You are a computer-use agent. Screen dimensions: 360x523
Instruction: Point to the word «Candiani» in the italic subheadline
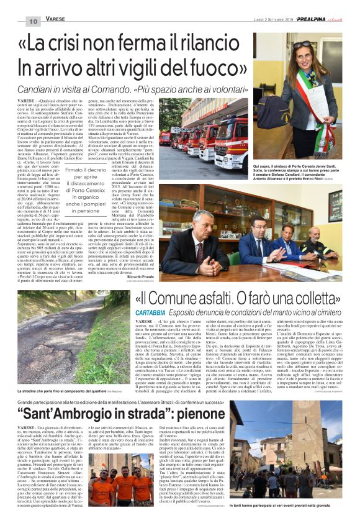pyautogui.click(x=43, y=86)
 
